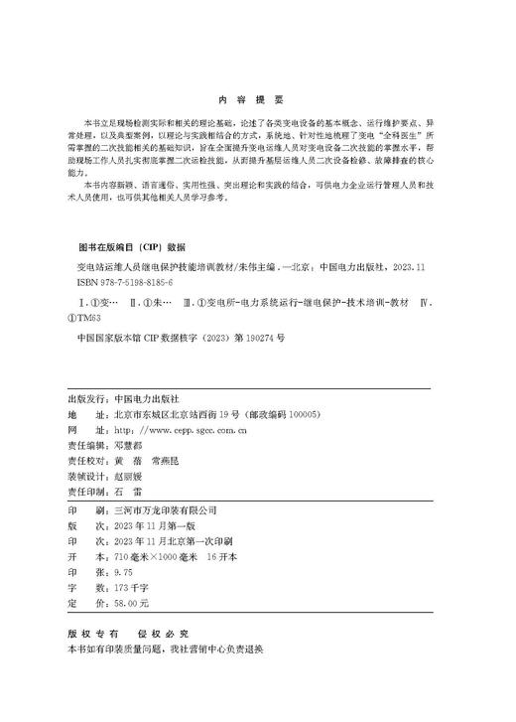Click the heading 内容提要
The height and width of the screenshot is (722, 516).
257,98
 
